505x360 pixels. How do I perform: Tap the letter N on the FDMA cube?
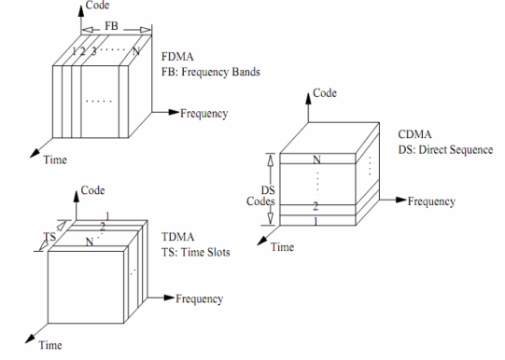(x=136, y=50)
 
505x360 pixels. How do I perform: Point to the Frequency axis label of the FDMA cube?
(x=204, y=114)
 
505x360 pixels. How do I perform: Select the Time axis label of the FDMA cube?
(x=55, y=160)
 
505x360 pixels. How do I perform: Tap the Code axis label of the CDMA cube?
(x=325, y=93)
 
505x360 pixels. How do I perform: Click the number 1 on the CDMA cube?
(x=316, y=221)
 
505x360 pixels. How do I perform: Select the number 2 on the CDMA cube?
(x=316, y=205)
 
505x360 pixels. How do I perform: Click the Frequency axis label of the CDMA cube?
(x=431, y=201)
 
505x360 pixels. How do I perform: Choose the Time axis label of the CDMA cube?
(x=283, y=247)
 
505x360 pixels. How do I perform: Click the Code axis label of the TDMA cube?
(x=92, y=189)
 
